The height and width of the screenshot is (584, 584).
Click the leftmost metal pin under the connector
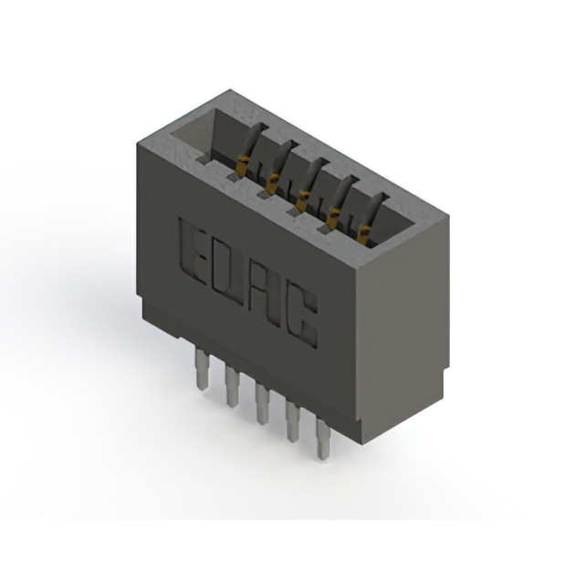202,369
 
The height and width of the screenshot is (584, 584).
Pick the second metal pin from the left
232,386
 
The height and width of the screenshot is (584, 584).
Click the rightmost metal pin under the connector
322,436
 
